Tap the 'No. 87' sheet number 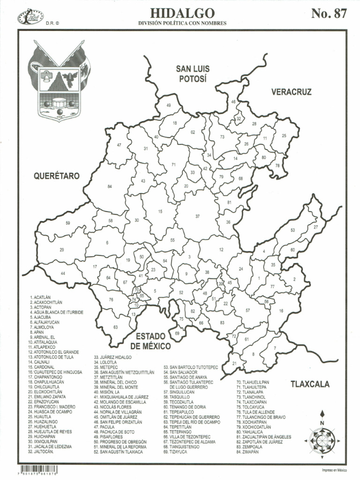coord(329,14)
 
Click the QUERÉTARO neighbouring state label coord(56,176)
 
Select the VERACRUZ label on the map coord(291,92)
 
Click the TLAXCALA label coord(310,384)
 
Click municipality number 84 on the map coord(110,187)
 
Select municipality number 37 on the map coord(197,216)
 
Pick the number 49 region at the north coord(169,106)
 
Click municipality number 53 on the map coord(292,230)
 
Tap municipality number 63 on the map coord(115,327)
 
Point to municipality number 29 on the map coord(62,250)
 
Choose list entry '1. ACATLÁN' coord(39,298)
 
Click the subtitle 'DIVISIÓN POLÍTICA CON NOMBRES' coord(182,23)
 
